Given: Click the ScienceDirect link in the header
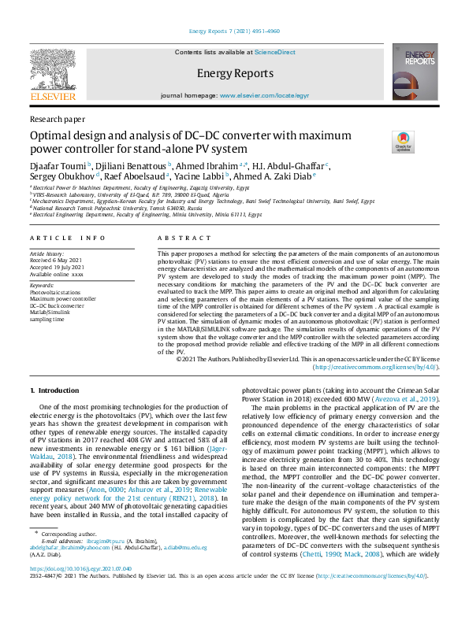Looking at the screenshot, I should (x=275, y=51).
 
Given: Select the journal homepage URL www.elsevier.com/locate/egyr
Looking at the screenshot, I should (x=264, y=95).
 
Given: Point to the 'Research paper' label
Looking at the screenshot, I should (x=57, y=119).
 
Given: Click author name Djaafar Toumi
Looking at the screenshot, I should (x=58, y=166).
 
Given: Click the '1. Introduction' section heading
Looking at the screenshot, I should (x=54, y=390).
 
